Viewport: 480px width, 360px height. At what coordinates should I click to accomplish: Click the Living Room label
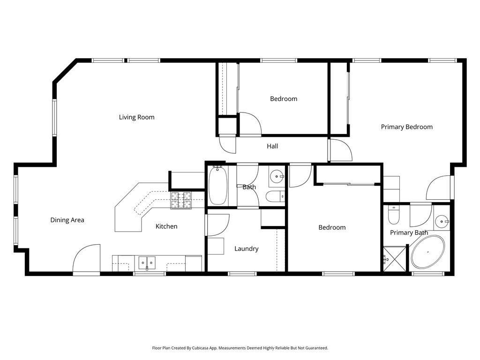pyautogui.click(x=136, y=117)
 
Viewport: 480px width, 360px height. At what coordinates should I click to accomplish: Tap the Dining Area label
pyautogui.click(x=67, y=220)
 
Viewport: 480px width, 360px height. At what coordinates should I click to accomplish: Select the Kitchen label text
pyautogui.click(x=166, y=226)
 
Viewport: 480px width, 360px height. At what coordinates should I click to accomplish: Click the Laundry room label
pyautogui.click(x=246, y=249)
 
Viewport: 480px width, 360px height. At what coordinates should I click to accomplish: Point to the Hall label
pyautogui.click(x=272, y=146)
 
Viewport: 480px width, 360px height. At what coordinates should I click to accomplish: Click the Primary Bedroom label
pyautogui.click(x=406, y=127)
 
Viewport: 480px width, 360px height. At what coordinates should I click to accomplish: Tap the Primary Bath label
pyautogui.click(x=409, y=232)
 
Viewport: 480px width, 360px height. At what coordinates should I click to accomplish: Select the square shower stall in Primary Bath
pyautogui.click(x=394, y=259)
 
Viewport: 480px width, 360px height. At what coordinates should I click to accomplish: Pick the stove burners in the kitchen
pyautogui.click(x=181, y=201)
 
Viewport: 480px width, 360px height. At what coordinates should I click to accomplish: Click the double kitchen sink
pyautogui.click(x=147, y=262)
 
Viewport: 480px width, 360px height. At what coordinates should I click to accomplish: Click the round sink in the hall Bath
pyautogui.click(x=277, y=177)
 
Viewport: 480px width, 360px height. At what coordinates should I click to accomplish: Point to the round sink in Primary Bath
pyautogui.click(x=441, y=221)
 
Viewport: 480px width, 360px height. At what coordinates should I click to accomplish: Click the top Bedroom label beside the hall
pyautogui.click(x=284, y=99)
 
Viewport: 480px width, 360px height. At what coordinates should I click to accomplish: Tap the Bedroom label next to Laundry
pyautogui.click(x=332, y=227)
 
